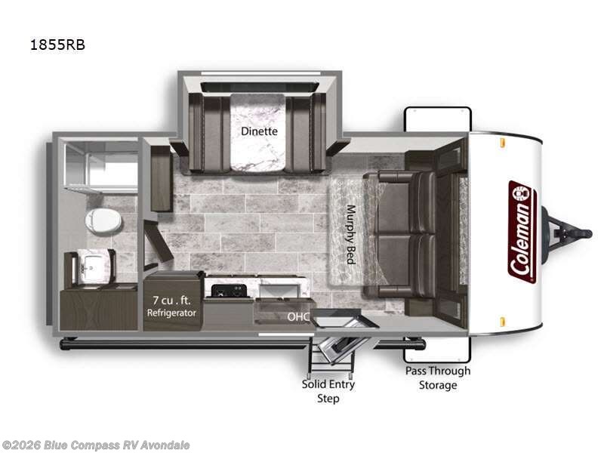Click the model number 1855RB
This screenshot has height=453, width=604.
click(x=58, y=45)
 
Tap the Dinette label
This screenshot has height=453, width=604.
click(x=259, y=131)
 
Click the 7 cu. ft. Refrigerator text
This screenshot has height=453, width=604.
click(x=171, y=305)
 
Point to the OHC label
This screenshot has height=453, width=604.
click(x=296, y=318)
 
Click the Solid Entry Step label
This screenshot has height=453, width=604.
click(x=328, y=390)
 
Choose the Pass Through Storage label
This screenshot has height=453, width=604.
click(x=438, y=377)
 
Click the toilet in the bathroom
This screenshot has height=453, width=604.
click(x=102, y=220)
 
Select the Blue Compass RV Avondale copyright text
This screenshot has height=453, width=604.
click(x=96, y=445)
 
